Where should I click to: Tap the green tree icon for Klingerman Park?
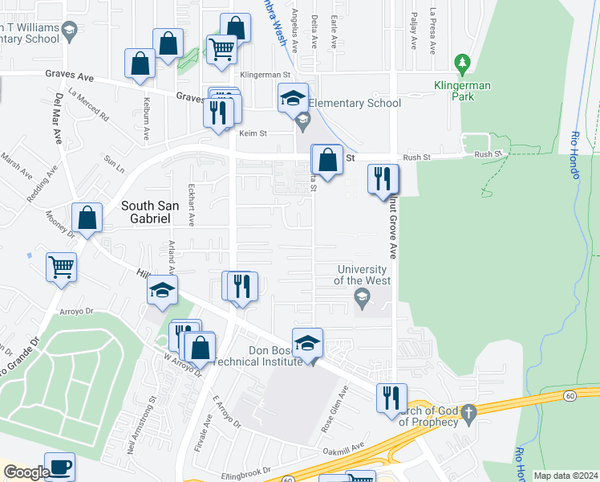[461, 63]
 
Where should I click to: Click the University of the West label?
[363, 275]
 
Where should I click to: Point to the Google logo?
[26, 472]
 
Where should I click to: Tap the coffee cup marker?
[59, 467]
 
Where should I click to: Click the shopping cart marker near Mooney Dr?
[61, 267]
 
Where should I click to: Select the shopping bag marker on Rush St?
[326, 159]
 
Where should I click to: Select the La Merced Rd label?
[88, 104]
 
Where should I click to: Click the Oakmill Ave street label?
[346, 449]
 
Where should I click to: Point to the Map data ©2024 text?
[566, 476]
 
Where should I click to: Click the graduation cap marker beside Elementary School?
[293, 98]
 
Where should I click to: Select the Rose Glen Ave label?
[334, 411]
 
